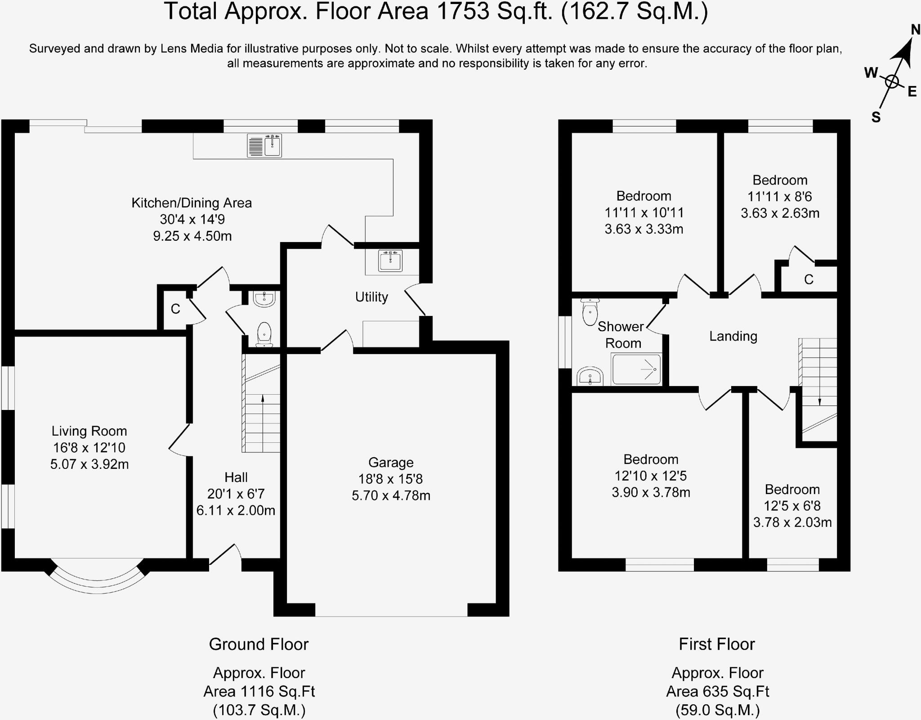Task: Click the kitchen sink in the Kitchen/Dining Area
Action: pos(264,145)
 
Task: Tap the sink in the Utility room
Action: pos(390,261)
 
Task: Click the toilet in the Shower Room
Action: pos(590,311)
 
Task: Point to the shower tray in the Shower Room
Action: pos(636,369)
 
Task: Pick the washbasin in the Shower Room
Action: pos(590,377)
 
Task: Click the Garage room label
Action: pos(391,462)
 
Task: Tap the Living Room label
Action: pos(89,431)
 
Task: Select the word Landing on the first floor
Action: pos(733,336)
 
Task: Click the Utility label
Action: pos(371,297)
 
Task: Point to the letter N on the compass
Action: pos(915,30)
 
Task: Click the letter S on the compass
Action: pos(876,117)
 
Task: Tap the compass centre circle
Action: pos(892,82)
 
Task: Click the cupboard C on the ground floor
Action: pos(175,309)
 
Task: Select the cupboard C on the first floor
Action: pos(809,279)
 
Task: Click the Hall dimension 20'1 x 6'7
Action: pos(236,494)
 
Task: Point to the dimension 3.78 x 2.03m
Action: pos(792,522)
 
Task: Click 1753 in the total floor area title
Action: pos(463,11)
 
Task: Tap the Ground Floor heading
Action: pos(259,644)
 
